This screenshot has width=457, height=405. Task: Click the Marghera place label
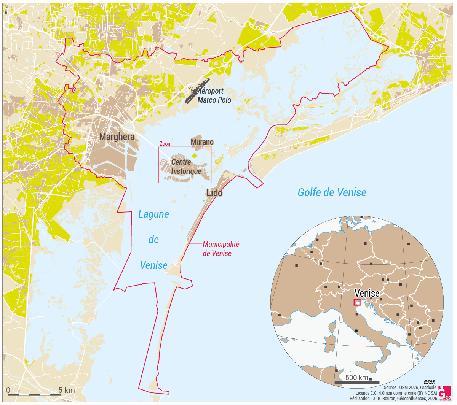tap(117, 137)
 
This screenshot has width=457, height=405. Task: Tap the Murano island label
tap(202, 142)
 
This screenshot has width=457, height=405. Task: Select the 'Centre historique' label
tap(186, 167)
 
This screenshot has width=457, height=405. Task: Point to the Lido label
tap(214, 193)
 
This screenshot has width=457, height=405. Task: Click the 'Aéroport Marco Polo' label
tap(214, 95)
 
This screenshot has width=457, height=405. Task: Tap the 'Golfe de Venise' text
tap(332, 192)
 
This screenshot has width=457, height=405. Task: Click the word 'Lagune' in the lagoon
tap(153, 214)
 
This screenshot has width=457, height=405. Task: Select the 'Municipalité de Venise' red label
tap(221, 249)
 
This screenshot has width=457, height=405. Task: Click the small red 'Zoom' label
tap(165, 144)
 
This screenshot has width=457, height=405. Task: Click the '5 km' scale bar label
tap(67, 390)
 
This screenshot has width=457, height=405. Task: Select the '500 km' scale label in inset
tap(356, 377)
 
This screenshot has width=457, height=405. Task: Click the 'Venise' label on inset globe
tap(367, 293)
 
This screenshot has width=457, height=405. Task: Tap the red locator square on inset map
tap(357, 302)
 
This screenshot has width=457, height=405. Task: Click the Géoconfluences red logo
tap(444, 393)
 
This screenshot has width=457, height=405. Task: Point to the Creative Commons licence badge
tap(429, 382)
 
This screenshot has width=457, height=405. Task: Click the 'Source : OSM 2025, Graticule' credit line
tap(410, 388)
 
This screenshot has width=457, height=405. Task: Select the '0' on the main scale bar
tap(8, 390)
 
